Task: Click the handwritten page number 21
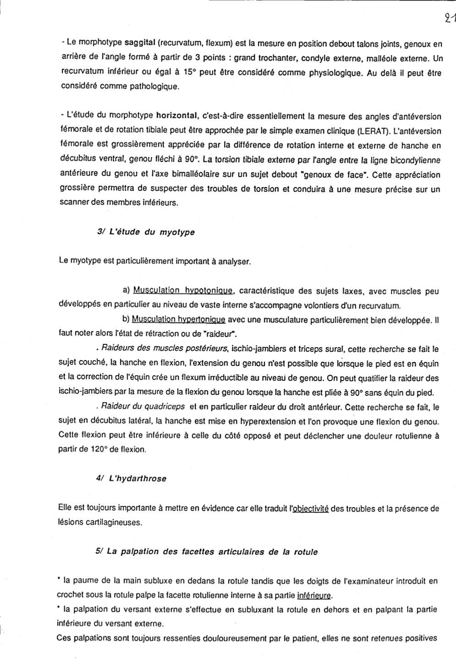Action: click(x=449, y=18)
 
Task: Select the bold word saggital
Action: click(x=140, y=43)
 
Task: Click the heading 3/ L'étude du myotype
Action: click(x=146, y=232)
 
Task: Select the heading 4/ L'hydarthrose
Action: click(x=131, y=478)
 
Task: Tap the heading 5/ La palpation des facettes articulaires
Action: click(x=206, y=552)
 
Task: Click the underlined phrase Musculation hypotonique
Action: click(x=183, y=290)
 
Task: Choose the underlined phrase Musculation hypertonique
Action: click(x=178, y=319)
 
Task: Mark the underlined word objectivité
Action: click(x=310, y=508)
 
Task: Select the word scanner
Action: click(x=75, y=202)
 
